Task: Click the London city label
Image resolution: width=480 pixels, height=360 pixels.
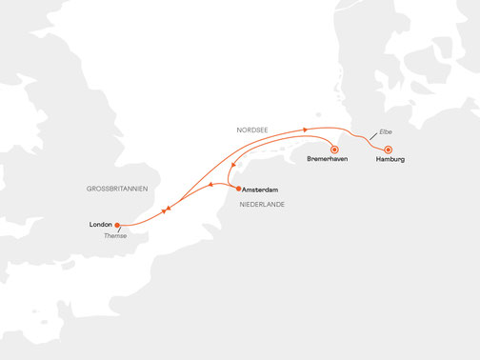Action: coord(100,225)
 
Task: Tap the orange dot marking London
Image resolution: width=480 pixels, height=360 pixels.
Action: coord(118,226)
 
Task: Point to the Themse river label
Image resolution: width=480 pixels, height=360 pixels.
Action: coord(114,236)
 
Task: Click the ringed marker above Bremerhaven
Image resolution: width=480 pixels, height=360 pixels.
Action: coord(333,149)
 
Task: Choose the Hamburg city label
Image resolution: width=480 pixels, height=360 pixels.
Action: coord(390,159)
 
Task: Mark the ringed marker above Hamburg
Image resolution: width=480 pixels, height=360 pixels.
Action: coord(388,149)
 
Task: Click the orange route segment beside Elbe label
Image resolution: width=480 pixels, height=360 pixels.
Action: coord(366,136)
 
